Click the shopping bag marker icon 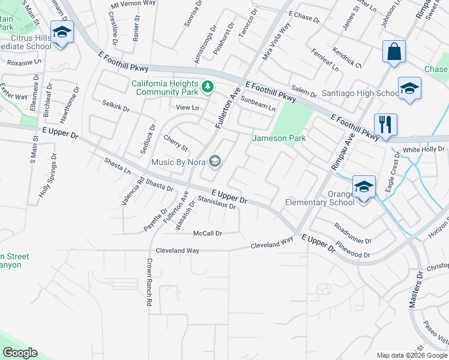tap(396, 53)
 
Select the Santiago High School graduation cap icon tap(409, 89)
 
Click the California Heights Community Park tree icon tap(208, 88)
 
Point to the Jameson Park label tap(279, 138)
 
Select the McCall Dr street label tap(208, 233)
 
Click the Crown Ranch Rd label tap(148, 283)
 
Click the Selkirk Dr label tap(116, 107)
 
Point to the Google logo tap(20, 353)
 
